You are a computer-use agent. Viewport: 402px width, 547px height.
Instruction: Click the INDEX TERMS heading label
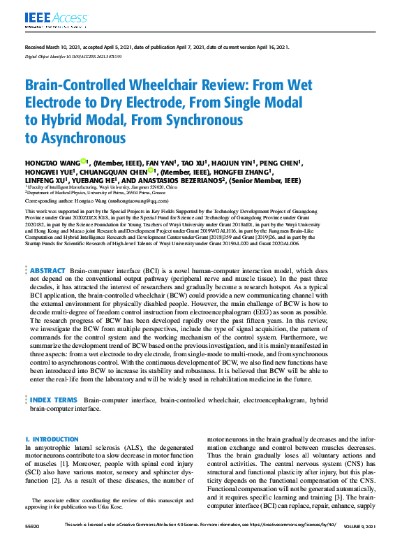click(54, 400)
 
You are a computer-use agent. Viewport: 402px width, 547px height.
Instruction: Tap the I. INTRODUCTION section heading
click(52, 439)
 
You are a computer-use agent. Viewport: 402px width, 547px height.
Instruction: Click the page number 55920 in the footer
click(31, 525)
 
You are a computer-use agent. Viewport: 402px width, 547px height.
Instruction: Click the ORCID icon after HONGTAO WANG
click(83, 161)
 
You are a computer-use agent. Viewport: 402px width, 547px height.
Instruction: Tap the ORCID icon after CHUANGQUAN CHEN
click(151, 171)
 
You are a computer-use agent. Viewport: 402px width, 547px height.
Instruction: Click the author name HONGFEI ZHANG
click(240, 172)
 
